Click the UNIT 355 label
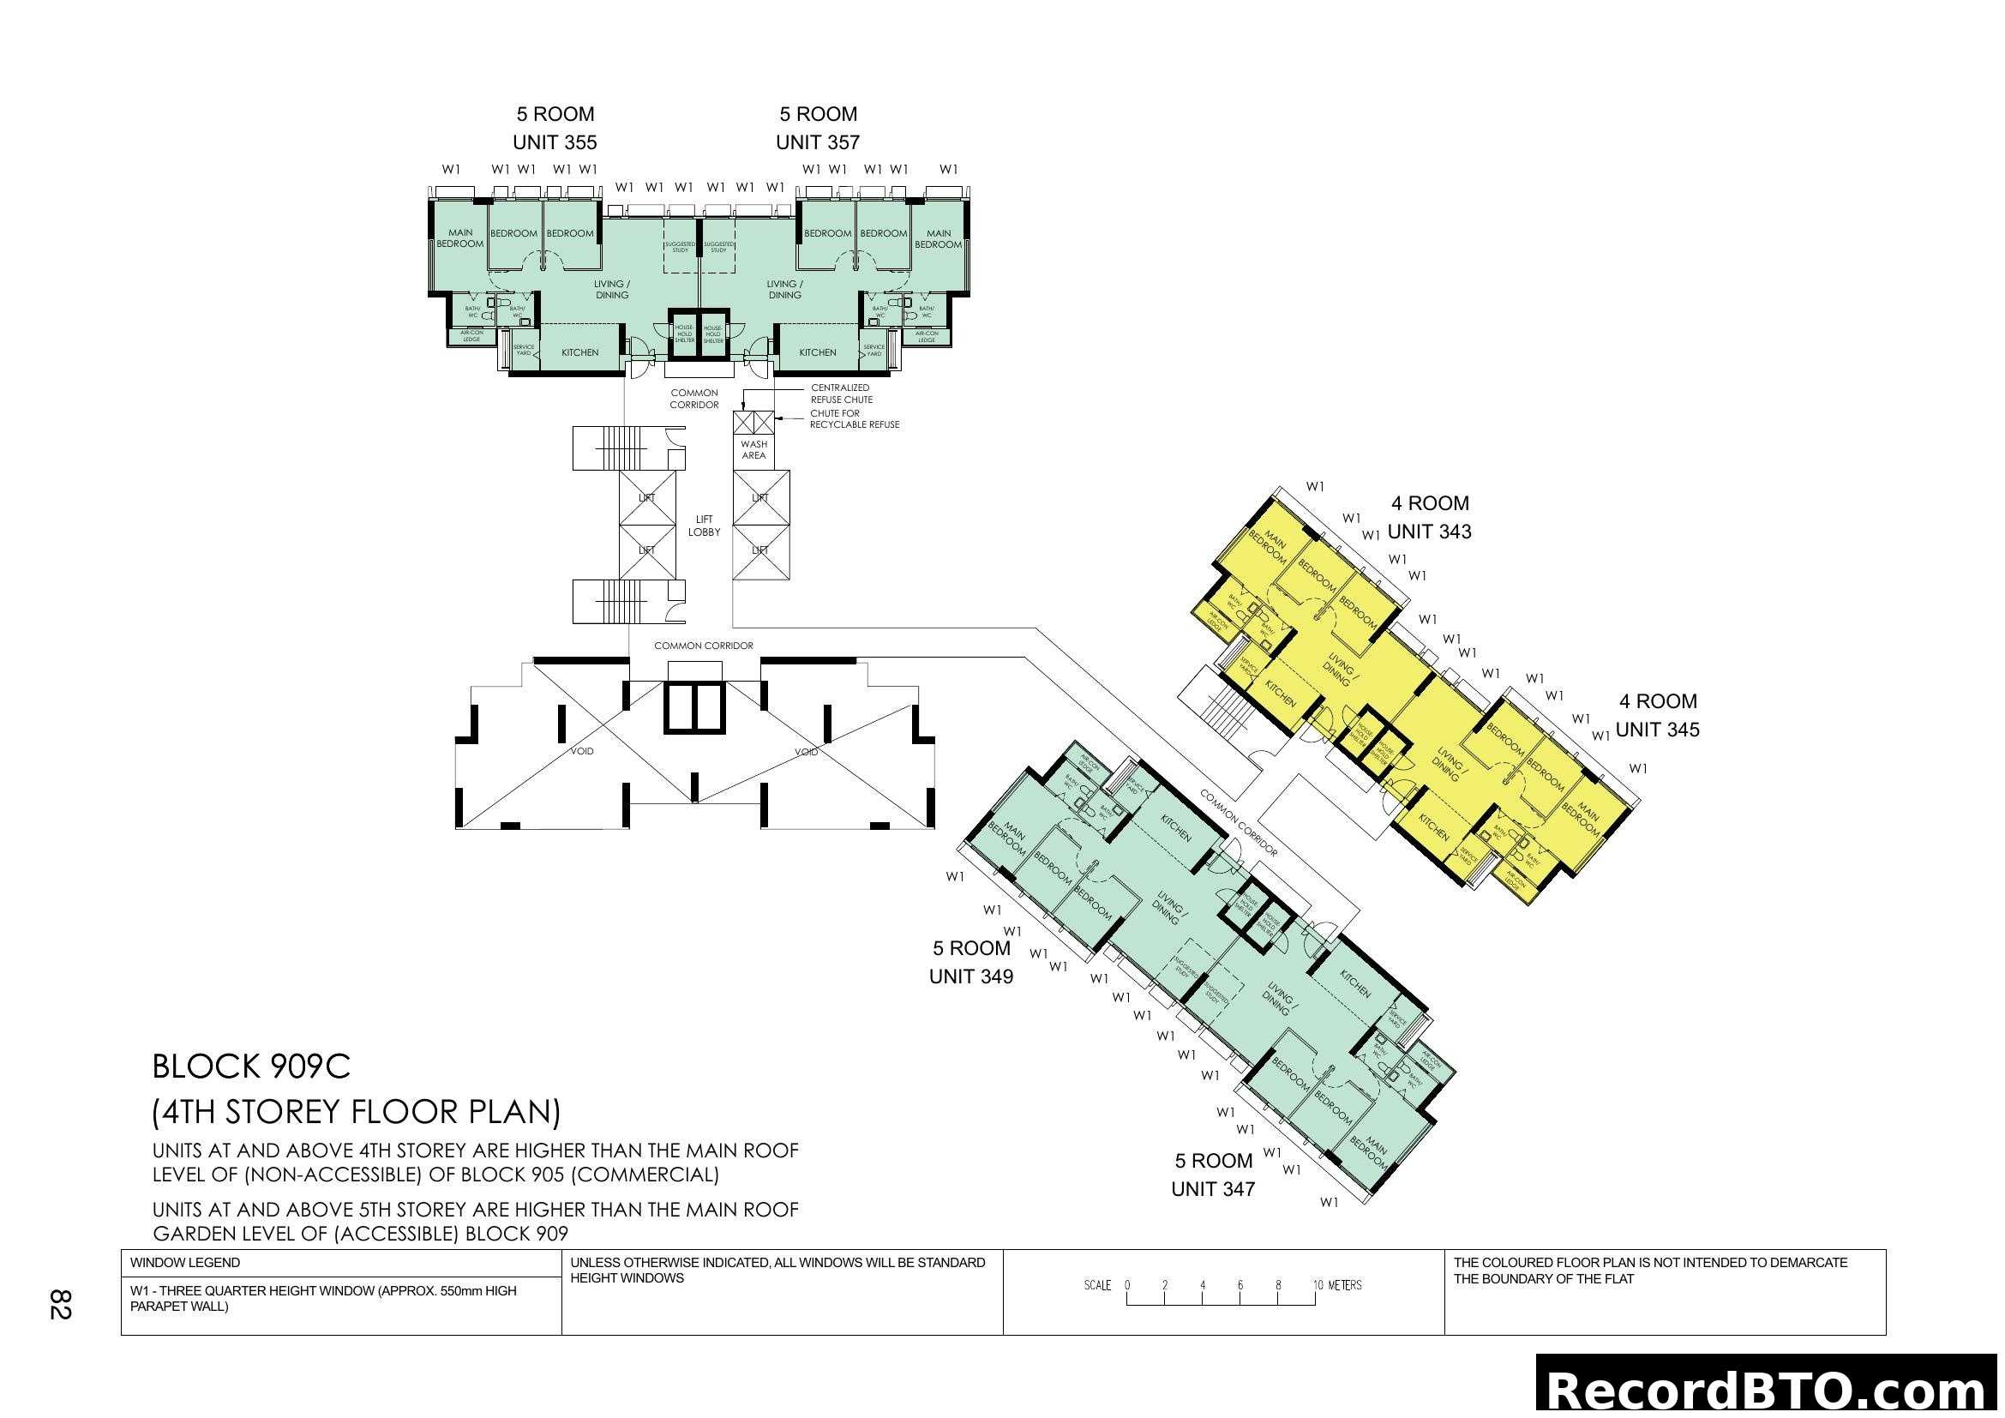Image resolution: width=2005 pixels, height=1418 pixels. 555,142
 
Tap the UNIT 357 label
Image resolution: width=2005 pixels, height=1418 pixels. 818,142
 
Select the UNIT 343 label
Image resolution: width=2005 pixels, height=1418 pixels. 1429,532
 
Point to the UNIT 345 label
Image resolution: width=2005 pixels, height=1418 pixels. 1657,730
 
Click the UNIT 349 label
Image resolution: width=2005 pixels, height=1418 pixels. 970,977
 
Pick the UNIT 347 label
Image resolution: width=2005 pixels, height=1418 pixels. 1212,1189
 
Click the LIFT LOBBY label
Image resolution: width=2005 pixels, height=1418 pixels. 704,526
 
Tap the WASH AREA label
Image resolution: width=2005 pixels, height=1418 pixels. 753,450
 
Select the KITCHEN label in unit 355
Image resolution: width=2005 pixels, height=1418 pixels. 579,352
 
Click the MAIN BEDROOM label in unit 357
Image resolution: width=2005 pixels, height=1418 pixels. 938,239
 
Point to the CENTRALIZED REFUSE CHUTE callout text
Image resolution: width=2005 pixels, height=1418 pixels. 841,394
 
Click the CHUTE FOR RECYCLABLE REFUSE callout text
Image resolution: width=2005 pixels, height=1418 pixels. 853,419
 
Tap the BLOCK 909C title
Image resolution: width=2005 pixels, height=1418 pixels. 251,1067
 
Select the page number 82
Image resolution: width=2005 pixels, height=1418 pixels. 59,1305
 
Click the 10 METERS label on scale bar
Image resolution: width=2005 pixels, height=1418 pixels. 1337,1285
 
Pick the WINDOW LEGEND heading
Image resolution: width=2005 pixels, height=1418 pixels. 185,1263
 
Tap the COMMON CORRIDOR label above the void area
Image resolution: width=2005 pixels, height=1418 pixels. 703,646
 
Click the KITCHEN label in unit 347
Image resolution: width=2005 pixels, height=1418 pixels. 1354,986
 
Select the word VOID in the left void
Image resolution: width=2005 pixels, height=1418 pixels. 581,752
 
